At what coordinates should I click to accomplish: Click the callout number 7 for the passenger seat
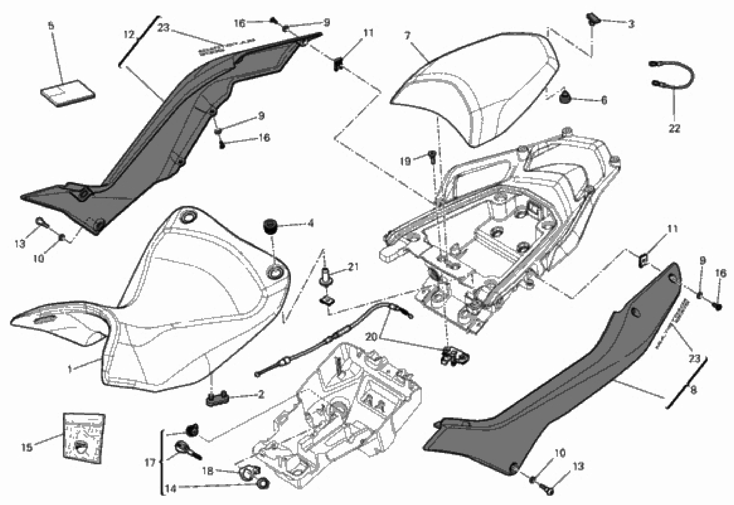coord(407,36)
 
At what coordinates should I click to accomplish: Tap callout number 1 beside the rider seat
coord(70,369)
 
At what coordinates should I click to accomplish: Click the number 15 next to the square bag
coord(27,447)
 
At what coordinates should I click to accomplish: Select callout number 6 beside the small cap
coord(604,100)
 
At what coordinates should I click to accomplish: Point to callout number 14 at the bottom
coord(171,489)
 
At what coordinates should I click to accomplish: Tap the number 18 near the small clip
coord(208,471)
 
